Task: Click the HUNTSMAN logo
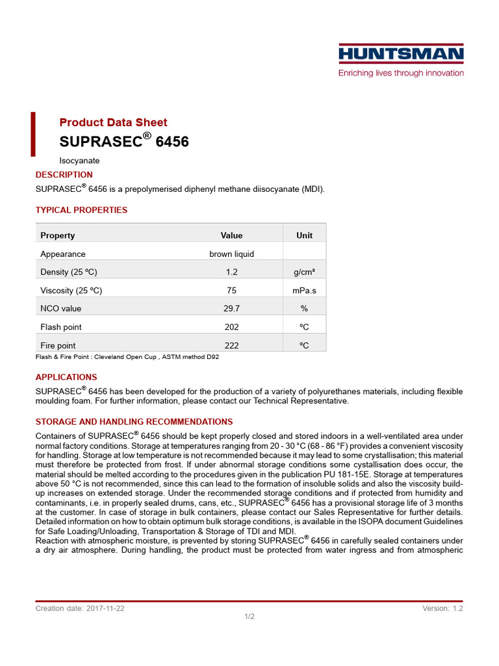click(x=401, y=54)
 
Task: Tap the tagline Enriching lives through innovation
click(x=401, y=73)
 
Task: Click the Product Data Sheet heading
click(x=113, y=122)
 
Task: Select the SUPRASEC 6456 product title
click(x=124, y=141)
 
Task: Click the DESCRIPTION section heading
click(x=64, y=174)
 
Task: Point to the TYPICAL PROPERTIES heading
click(x=81, y=210)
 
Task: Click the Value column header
click(x=231, y=235)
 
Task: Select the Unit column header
click(x=304, y=235)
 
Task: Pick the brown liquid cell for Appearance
click(x=231, y=254)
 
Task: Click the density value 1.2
click(x=231, y=272)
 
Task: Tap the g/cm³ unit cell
click(x=304, y=272)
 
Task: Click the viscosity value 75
click(x=231, y=290)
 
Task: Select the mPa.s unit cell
click(x=304, y=290)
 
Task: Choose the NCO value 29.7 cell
click(x=231, y=308)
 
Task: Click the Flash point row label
click(x=61, y=327)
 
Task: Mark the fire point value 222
click(x=231, y=345)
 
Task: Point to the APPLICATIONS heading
click(x=66, y=377)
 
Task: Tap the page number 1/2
click(x=249, y=617)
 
